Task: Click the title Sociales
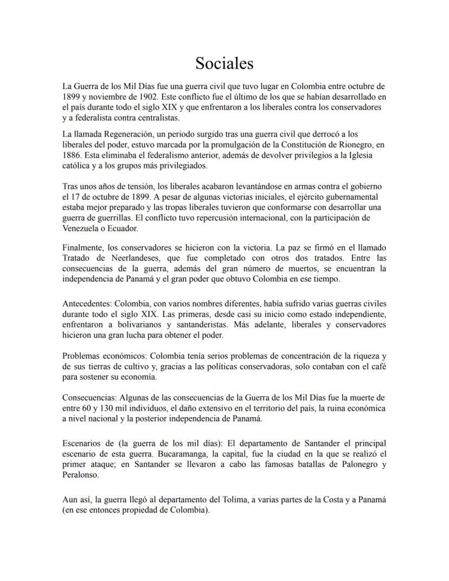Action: (224, 63)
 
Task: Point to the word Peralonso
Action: (81, 475)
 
